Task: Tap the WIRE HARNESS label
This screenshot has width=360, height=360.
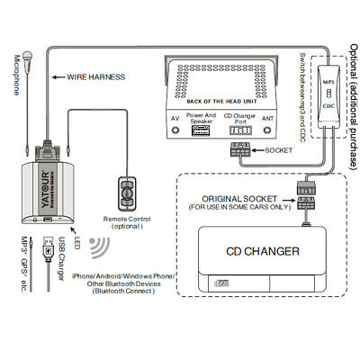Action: click(x=102, y=77)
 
